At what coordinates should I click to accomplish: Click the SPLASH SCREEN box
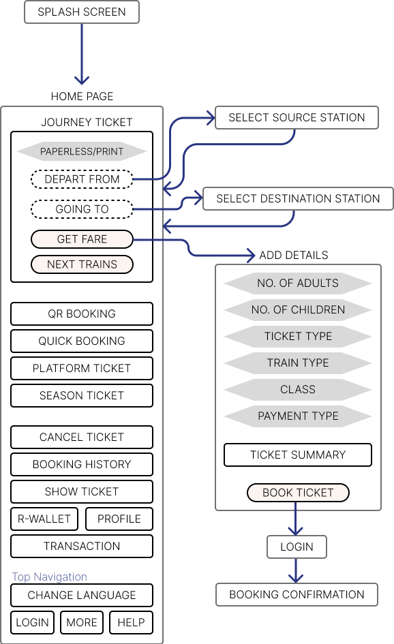coord(82,12)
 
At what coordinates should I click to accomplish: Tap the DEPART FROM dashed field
coord(82,179)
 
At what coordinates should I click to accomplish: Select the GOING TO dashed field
coord(82,209)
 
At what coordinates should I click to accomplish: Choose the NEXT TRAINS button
coord(82,264)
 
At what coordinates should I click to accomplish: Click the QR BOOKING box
coord(82,313)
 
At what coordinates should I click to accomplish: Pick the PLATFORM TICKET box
coord(82,369)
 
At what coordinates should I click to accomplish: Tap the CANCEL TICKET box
coord(82,437)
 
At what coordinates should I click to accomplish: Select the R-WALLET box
coord(44,519)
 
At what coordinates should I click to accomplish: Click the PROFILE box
coord(119,519)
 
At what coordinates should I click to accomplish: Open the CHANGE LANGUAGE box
coord(82,595)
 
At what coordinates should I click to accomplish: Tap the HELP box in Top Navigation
coord(131,623)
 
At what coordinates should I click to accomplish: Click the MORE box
coord(82,623)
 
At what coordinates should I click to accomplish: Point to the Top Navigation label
coord(49,577)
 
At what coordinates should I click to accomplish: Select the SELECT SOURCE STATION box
coord(297,118)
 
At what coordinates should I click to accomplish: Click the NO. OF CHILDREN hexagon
coord(298,309)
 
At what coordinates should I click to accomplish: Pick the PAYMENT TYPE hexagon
coord(298,416)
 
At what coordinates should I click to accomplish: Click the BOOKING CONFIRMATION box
coord(297,595)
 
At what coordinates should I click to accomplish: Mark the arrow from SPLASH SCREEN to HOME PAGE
coord(82,54)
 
